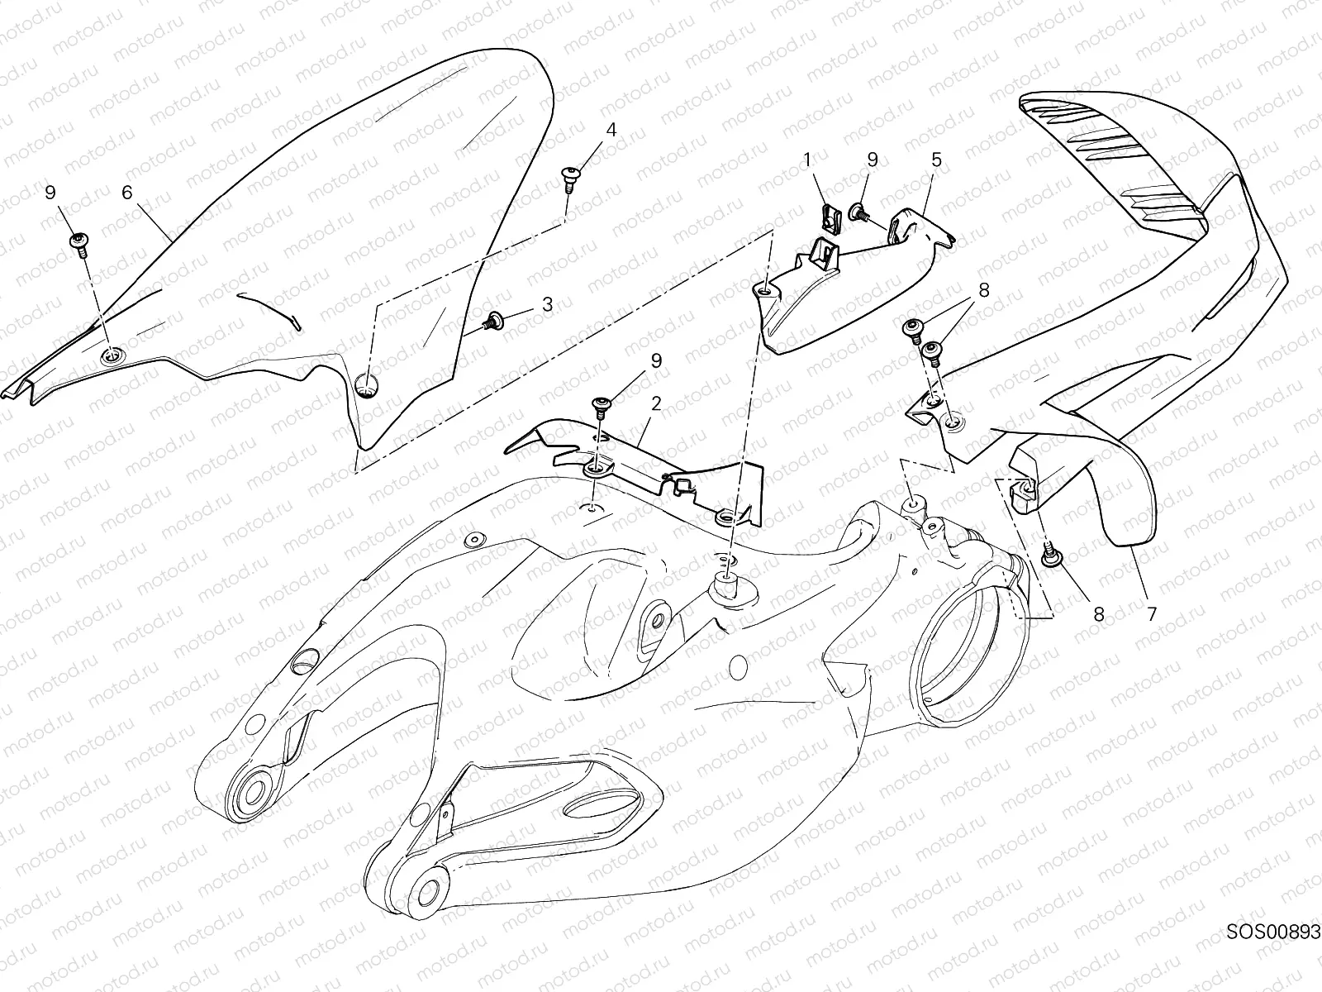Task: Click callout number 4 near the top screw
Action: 611,130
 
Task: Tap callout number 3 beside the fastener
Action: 547,304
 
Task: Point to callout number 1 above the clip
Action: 809,160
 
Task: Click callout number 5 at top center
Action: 936,160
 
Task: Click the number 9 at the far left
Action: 50,193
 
